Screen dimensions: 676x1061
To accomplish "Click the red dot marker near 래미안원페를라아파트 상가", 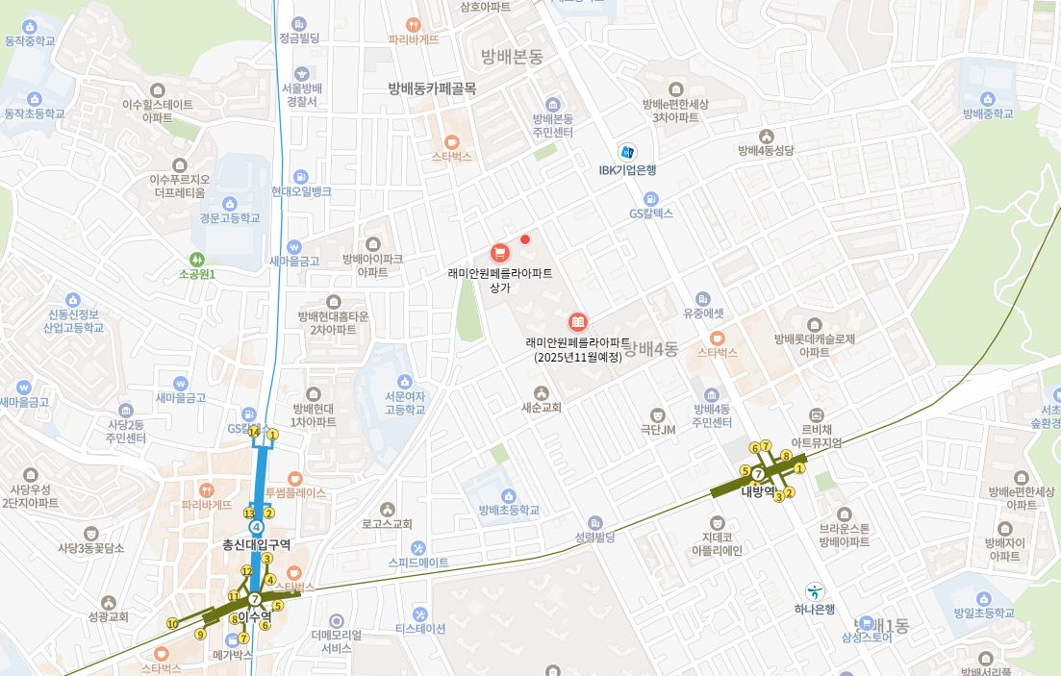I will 525,239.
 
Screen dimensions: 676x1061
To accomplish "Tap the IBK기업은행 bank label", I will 627,170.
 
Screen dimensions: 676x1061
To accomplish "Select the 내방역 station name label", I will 757,491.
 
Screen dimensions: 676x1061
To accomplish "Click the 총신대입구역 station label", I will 256,544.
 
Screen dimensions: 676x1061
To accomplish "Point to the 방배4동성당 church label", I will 766,150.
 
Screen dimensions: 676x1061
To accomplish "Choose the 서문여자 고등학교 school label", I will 404,402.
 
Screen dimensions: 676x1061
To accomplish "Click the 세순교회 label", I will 541,407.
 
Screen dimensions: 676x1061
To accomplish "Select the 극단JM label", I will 658,429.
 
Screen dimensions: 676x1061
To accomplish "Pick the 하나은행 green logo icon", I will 815,590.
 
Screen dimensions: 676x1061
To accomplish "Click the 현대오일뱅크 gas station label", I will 301,191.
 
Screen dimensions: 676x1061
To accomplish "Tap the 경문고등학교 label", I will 230,217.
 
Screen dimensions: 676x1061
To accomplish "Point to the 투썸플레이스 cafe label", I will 295,492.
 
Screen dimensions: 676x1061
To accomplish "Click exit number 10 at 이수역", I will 172,624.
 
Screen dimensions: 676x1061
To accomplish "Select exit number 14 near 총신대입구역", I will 254,432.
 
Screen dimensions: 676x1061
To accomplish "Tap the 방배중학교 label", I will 988,113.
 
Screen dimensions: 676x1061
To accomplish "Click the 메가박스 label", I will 231,654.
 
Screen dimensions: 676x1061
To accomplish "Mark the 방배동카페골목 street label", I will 432,88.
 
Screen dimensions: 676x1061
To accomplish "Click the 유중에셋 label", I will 702,313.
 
